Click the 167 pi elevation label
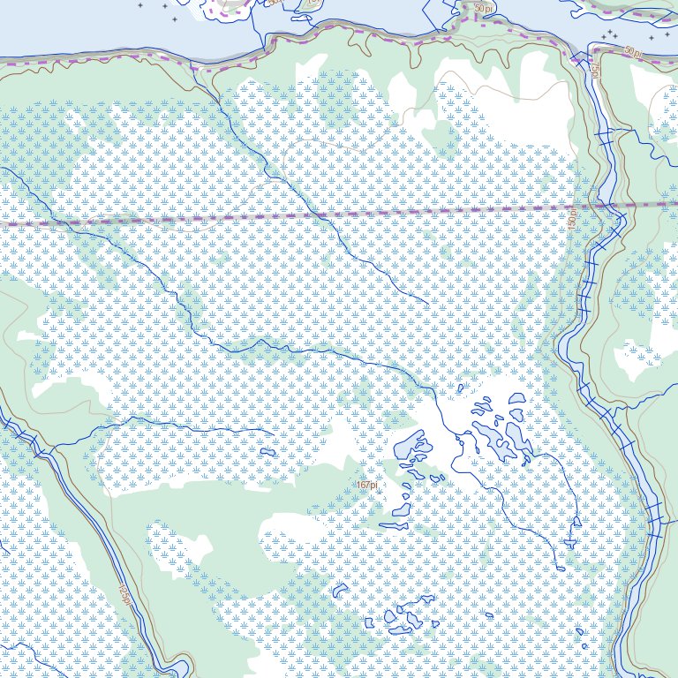pyautogui.click(x=367, y=485)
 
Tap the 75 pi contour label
pyautogui.click(x=595, y=70)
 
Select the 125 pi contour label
pyautogui.click(x=126, y=597)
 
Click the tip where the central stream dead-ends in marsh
pyautogui.click(x=429, y=304)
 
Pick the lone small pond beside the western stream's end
pyautogui.click(x=267, y=452)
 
